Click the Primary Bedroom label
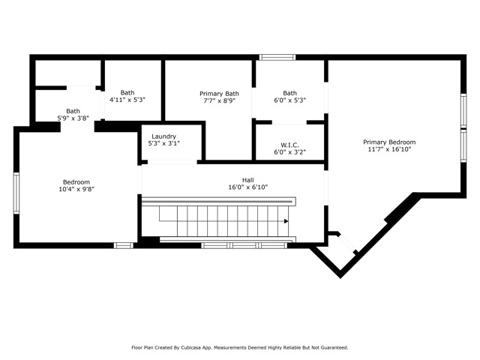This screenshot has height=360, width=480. tap(389, 142)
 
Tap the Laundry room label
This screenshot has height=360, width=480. tap(163, 136)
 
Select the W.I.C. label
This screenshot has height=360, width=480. tap(289, 145)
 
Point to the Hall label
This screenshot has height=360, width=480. tap(248, 180)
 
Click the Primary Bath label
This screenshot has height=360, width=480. tap(219, 94)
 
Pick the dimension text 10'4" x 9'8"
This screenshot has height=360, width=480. tap(76, 189)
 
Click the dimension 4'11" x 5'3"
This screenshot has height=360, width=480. tap(127, 100)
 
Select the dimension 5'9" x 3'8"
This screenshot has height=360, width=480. tap(73, 118)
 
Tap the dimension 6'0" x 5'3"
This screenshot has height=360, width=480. tap(290, 100)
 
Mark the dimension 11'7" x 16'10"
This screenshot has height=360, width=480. tap(389, 149)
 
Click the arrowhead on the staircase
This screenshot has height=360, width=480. tap(286, 221)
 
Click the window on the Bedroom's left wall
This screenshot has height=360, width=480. tap(16, 193)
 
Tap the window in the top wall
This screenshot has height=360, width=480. tap(277, 57)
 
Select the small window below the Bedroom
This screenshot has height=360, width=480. tap(124, 245)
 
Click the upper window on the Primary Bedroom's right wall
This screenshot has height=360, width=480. tap(463, 110)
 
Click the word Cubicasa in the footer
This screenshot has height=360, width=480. tap(190, 347)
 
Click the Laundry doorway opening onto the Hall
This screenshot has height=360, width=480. tap(172, 162)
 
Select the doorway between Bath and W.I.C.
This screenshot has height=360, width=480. tap(289, 122)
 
